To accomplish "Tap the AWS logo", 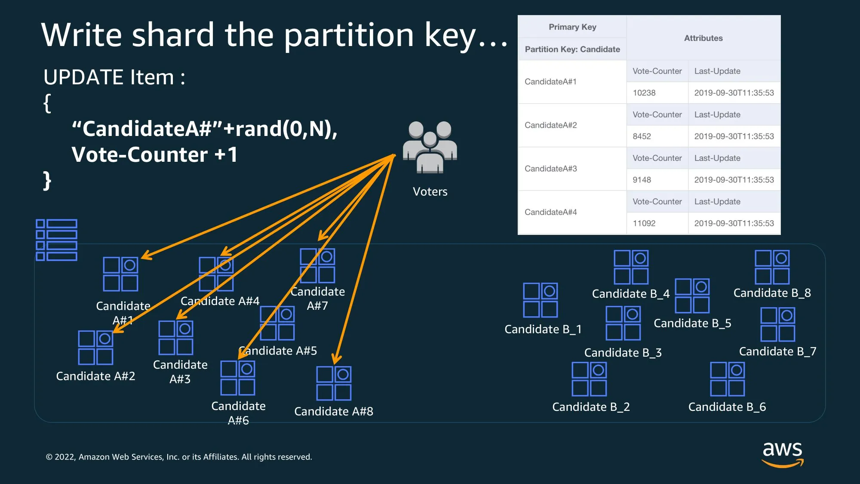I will point(782,454).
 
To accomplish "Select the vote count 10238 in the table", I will point(644,93).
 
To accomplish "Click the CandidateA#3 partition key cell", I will point(551,169).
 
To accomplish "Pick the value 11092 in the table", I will point(644,223).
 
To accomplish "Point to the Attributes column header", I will point(703,38).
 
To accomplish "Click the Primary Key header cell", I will point(572,27).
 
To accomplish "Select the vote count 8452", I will point(642,136).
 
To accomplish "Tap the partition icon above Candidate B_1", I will point(541,300).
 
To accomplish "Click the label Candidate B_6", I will point(727,407).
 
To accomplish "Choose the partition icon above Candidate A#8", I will point(334,383).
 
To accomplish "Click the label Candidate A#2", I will point(95,376).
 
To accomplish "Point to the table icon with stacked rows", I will point(57,240).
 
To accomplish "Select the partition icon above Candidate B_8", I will point(772,267).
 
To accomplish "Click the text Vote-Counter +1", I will point(155,155).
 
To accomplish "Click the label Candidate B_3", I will point(623,353).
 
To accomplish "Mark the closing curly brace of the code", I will point(47,181).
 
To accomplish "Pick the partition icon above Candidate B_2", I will point(589,379).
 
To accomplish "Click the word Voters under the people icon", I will point(430,192).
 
